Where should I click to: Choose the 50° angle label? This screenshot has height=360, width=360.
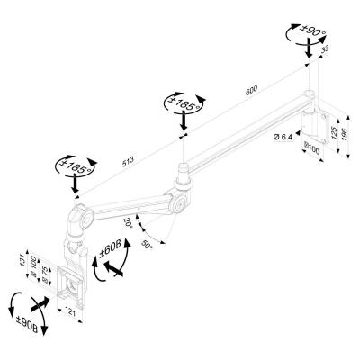pyautogui.click(x=146, y=245)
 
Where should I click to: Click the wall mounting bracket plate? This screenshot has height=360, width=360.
pyautogui.click(x=314, y=121)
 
